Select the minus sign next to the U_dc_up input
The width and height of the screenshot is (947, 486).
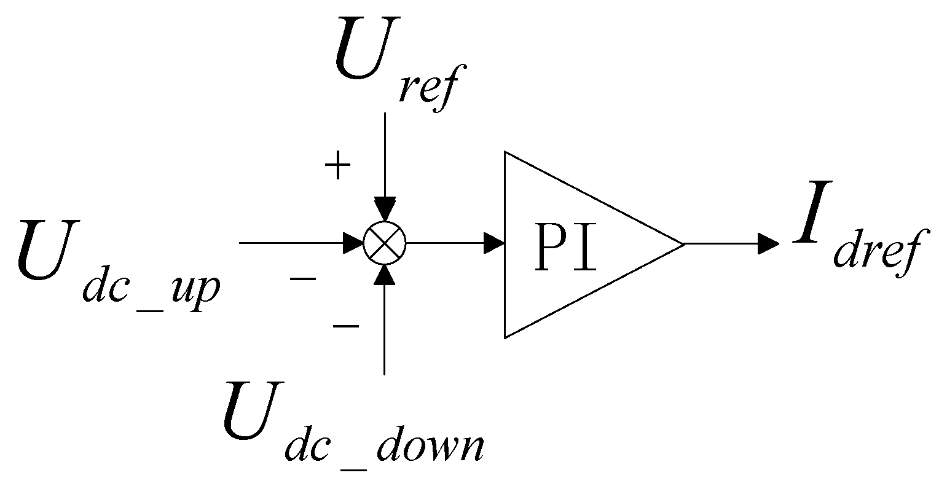click(303, 280)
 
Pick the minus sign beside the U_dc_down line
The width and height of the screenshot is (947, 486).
click(345, 326)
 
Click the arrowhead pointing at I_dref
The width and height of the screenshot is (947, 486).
click(768, 243)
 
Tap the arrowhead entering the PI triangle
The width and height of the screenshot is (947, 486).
click(494, 243)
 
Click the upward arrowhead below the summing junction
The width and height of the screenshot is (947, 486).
click(385, 277)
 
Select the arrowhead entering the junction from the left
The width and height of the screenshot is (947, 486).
click(352, 243)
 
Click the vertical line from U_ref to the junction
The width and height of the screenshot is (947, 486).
click(385, 154)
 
